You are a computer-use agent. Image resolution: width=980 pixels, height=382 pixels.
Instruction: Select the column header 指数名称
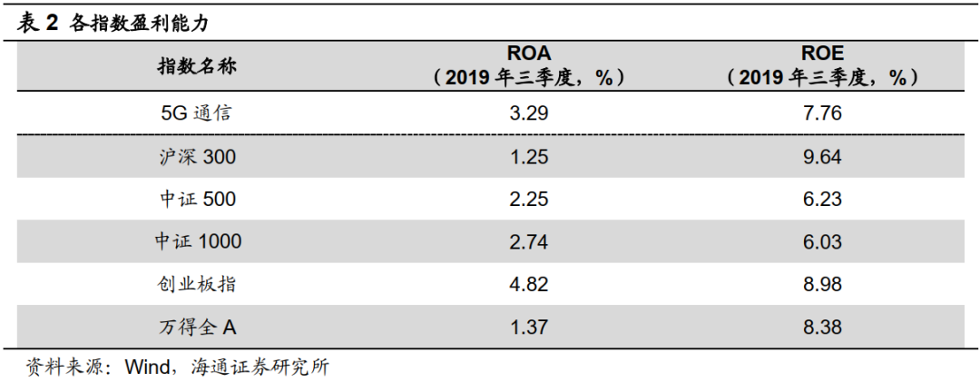(x=197, y=66)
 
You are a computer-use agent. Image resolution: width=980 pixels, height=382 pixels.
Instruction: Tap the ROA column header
(x=528, y=65)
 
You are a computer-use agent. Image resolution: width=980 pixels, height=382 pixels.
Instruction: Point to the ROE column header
(x=822, y=65)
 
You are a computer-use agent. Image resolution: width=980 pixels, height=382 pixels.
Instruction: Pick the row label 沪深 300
(x=196, y=157)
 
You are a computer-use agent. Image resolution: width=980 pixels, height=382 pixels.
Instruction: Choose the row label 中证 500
(x=196, y=199)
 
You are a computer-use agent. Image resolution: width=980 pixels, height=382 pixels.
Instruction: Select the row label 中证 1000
(x=197, y=241)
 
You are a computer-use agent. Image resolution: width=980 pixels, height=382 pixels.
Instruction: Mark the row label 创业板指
(x=197, y=284)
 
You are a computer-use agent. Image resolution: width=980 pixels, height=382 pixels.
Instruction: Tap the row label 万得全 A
(x=197, y=326)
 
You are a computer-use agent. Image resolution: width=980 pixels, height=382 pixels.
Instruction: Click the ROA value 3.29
(x=528, y=113)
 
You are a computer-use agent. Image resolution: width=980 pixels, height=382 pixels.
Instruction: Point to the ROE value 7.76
(x=822, y=113)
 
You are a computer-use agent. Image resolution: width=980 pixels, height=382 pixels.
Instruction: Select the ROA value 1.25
(x=528, y=157)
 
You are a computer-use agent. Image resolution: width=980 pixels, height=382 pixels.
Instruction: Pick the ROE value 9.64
(x=822, y=157)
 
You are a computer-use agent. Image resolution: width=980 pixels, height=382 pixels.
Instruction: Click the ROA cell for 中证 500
(x=528, y=199)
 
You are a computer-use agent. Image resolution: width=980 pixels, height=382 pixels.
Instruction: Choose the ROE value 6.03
(x=822, y=241)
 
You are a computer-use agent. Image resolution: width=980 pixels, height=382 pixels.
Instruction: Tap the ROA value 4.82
(x=528, y=284)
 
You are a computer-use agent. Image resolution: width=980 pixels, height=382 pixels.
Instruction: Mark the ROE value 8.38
(x=822, y=326)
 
